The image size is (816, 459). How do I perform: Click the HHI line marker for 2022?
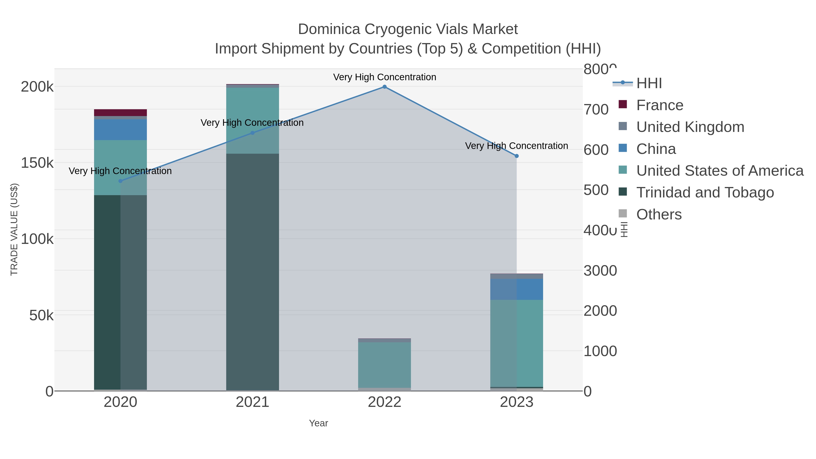384,87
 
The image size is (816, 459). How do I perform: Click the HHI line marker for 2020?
120,181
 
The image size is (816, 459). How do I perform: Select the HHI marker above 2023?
516,156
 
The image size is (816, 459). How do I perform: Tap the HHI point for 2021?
253,133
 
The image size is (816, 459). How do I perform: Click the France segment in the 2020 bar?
120,113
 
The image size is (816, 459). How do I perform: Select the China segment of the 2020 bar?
120,130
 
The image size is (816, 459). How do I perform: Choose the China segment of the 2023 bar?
516,289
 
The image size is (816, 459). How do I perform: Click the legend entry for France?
660,105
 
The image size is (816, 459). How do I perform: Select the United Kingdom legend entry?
690,127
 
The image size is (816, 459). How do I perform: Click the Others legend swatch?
622,214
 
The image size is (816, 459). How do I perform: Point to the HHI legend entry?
649,83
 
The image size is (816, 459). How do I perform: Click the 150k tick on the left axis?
37,163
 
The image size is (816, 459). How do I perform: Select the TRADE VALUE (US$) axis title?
14,229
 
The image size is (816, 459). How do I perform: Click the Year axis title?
318,423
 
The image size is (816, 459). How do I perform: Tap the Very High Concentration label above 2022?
384,77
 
